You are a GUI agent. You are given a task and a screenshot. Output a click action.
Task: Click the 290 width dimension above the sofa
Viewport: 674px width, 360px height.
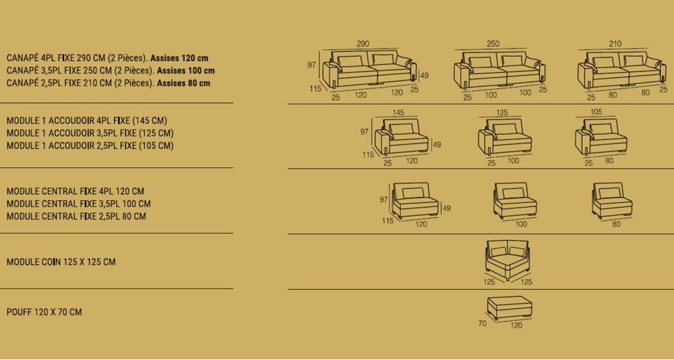pos(363,43)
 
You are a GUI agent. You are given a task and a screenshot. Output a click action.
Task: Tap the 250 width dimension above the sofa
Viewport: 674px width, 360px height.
pos(493,43)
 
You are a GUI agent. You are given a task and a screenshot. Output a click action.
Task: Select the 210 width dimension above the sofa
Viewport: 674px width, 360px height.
pos(615,43)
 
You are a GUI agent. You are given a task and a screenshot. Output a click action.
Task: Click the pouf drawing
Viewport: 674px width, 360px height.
pos(510,307)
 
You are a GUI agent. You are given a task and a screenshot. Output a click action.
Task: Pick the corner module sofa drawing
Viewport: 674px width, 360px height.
pos(508,260)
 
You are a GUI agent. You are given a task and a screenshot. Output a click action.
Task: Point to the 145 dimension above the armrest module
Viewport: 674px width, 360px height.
pos(398,113)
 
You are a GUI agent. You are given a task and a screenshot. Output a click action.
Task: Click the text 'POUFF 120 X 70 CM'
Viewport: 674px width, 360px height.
pos(44,312)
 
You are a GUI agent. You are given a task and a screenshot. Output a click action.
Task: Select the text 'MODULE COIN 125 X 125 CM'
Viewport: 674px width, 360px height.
pos(61,262)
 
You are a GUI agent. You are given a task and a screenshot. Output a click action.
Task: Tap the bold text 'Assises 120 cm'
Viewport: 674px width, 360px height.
pos(179,58)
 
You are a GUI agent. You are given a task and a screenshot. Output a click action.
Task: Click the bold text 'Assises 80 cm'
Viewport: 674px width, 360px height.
pos(183,83)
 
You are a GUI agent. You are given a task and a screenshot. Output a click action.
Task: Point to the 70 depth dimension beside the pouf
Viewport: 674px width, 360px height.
pos(483,323)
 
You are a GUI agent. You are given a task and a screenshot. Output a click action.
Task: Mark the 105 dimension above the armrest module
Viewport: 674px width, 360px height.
pos(596,113)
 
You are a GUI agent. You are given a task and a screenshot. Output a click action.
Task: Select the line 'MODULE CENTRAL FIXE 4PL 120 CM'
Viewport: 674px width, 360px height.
pos(75,191)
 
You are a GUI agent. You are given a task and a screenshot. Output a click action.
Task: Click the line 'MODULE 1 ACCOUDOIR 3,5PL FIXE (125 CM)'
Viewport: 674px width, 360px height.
pos(90,133)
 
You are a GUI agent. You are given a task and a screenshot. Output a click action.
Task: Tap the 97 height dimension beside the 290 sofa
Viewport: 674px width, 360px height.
pos(311,65)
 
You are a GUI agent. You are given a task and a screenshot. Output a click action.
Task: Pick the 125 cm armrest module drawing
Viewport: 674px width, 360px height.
pos(505,137)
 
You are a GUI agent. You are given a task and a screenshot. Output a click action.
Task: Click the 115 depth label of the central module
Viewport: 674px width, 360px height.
pos(388,221)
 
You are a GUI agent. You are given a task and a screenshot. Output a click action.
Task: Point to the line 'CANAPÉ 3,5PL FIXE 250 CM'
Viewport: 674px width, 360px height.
pos(80,71)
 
